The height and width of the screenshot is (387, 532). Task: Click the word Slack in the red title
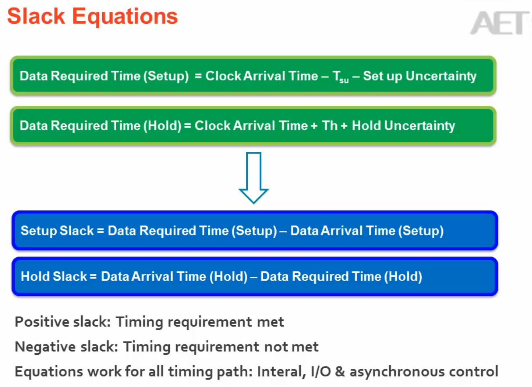pyautogui.click(x=36, y=16)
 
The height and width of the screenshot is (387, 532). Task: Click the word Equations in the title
pyautogui.click(x=125, y=17)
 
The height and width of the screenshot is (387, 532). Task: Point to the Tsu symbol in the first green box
pyautogui.click(x=341, y=77)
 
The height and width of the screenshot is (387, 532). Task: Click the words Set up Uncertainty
pyautogui.click(x=420, y=76)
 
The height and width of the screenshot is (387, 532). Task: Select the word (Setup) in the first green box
pyautogui.click(x=166, y=76)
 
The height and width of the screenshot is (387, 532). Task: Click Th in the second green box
pyautogui.click(x=330, y=125)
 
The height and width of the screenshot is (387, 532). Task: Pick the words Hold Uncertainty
pyautogui.click(x=403, y=126)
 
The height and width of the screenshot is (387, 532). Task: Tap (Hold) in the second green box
pyautogui.click(x=162, y=126)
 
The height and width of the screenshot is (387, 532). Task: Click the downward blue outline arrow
pyautogui.click(x=254, y=178)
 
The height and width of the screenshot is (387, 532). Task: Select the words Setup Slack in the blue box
pyautogui.click(x=57, y=231)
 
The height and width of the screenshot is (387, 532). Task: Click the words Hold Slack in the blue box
pyautogui.click(x=54, y=276)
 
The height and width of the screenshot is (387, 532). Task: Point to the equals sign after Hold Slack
pyautogui.click(x=93, y=277)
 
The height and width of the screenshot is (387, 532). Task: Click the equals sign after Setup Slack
pyautogui.click(x=101, y=231)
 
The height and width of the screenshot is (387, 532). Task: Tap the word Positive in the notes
pyautogui.click(x=42, y=322)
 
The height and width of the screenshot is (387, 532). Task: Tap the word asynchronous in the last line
pyautogui.click(x=397, y=372)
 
